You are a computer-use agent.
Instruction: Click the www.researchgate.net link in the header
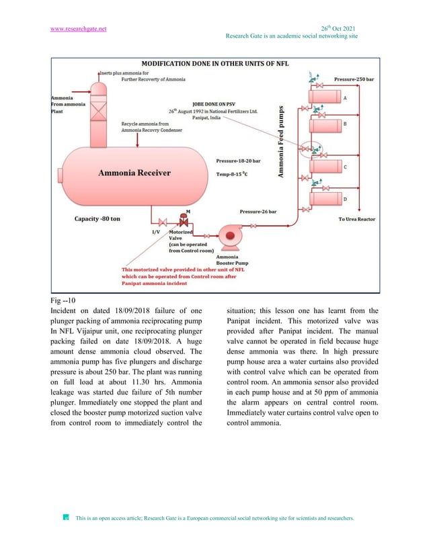point(79,30)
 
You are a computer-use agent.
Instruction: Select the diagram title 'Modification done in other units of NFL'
point(215,64)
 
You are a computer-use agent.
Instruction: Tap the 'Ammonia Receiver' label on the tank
point(134,173)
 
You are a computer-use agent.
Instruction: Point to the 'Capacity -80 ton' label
point(98,218)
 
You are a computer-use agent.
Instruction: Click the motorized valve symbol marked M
point(182,220)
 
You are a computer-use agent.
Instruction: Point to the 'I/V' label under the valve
point(155,232)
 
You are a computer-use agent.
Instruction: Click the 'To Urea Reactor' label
point(356,219)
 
